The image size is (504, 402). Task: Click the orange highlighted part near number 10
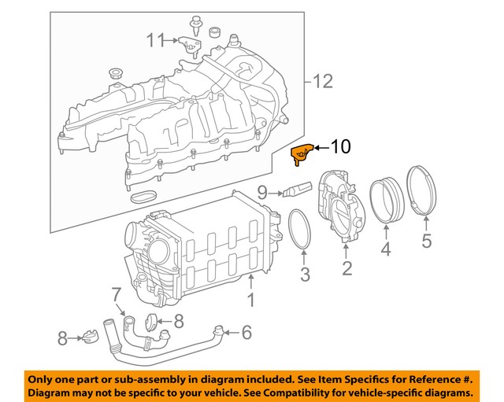click(301, 154)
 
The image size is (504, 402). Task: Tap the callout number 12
click(323, 81)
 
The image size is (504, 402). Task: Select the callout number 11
click(156, 39)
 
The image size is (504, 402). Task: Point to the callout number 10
click(339, 146)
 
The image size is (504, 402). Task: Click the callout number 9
click(263, 190)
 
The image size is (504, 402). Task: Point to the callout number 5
click(426, 242)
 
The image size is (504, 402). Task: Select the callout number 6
click(246, 333)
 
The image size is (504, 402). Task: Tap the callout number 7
click(116, 295)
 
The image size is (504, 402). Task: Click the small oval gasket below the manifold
click(144, 194)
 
